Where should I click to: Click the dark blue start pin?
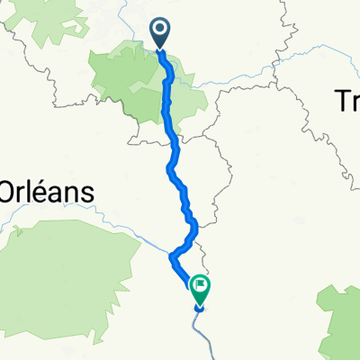[161, 33]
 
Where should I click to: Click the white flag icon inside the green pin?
[199, 287]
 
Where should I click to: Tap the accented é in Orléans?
[34, 191]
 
